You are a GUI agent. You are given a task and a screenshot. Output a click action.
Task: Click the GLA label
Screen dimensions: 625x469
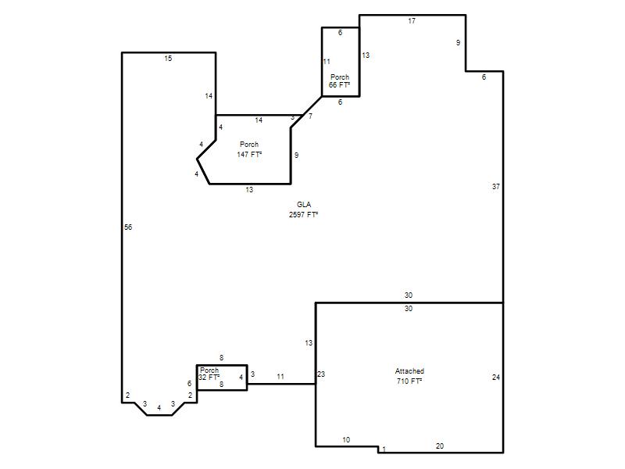pyautogui.click(x=304, y=205)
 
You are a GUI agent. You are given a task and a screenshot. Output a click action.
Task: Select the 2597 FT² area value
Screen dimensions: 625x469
pyautogui.click(x=303, y=214)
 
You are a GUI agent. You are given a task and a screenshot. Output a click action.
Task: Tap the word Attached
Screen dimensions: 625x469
pyautogui.click(x=409, y=371)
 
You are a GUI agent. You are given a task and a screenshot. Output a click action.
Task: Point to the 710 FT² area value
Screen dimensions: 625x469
pyautogui.click(x=409, y=381)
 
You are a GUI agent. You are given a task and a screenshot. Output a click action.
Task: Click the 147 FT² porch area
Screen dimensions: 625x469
pyautogui.click(x=249, y=154)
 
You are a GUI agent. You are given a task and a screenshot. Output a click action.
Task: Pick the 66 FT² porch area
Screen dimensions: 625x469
pyautogui.click(x=339, y=85)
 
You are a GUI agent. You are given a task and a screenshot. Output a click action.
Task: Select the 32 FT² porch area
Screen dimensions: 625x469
pyautogui.click(x=209, y=377)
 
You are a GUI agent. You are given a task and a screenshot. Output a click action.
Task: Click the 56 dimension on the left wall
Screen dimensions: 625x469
pyautogui.click(x=128, y=227)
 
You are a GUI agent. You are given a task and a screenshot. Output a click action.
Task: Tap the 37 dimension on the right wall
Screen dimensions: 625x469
pyautogui.click(x=496, y=186)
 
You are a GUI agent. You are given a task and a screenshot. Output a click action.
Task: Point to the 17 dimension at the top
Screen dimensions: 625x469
pyautogui.click(x=412, y=21)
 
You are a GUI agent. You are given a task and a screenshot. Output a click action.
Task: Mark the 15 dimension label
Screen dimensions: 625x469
pyautogui.click(x=168, y=58)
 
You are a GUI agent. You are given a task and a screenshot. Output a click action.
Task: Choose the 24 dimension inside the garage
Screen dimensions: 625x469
pyautogui.click(x=496, y=378)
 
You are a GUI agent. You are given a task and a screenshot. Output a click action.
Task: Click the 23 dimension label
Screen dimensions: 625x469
pyautogui.click(x=321, y=374)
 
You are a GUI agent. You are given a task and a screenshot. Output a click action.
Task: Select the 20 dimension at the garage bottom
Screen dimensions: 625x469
pyautogui.click(x=440, y=446)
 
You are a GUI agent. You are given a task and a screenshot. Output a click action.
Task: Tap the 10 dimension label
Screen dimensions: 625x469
pyautogui.click(x=346, y=440)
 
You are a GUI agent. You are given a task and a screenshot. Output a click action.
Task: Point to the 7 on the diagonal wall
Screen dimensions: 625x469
pyautogui.click(x=310, y=116)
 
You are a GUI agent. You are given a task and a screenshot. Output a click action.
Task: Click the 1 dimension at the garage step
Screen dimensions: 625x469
pyautogui.click(x=384, y=449)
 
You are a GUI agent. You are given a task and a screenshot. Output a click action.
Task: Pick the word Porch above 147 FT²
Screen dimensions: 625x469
pyautogui.click(x=249, y=145)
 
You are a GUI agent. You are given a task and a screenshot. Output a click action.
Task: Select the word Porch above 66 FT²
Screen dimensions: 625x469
pyautogui.click(x=340, y=77)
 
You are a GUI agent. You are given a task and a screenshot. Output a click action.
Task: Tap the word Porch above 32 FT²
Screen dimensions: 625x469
pyautogui.click(x=209, y=371)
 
